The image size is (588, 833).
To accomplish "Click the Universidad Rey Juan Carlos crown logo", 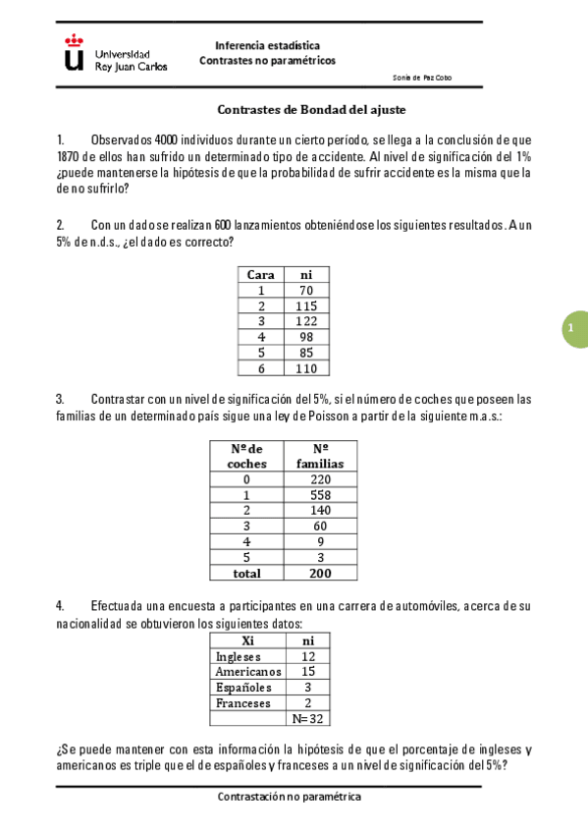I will [x=74, y=53].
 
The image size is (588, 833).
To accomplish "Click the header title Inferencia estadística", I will [x=267, y=45].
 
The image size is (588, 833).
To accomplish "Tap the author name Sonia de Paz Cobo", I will [x=422, y=78].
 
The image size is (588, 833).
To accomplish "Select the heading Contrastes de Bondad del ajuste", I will [x=311, y=110].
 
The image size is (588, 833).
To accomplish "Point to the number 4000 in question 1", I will [x=173, y=139].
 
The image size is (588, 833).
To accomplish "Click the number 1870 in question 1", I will [x=70, y=156].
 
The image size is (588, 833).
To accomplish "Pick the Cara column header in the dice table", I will [x=260, y=275].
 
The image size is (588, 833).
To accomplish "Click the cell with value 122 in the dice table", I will [x=306, y=321].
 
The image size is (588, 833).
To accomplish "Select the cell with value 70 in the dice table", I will [x=306, y=291].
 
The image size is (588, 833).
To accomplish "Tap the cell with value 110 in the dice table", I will [x=306, y=368].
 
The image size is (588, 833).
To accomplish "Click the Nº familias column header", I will [x=319, y=456].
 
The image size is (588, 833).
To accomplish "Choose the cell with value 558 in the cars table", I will [x=320, y=495].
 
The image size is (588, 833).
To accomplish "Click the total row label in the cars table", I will [x=246, y=573].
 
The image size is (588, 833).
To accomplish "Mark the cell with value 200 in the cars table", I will [x=320, y=573].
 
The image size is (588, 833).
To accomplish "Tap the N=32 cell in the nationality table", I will [x=308, y=719].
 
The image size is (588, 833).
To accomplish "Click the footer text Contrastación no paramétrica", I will [x=290, y=797].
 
